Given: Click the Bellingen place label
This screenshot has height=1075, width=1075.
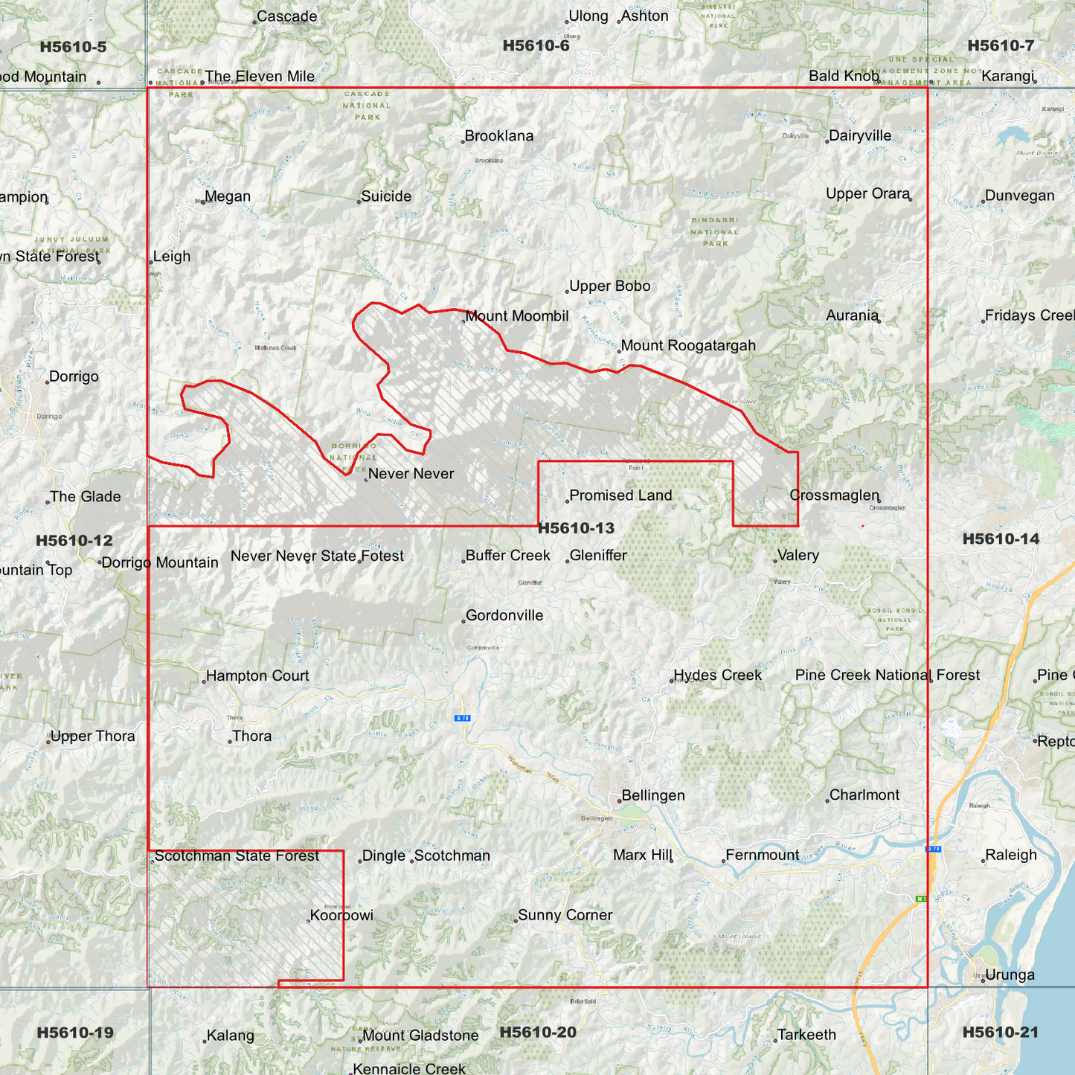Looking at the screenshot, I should point(652,795).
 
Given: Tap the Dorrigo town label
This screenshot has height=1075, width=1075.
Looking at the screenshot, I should point(74,376).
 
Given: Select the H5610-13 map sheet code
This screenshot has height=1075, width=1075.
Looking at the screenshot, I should point(576,528).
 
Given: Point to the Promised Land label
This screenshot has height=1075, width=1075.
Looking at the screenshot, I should point(620,495).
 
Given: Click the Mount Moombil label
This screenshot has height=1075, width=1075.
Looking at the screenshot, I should point(516,316).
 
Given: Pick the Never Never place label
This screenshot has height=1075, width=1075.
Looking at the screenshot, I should point(411,474).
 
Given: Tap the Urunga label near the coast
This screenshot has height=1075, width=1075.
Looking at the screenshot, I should point(1010,975).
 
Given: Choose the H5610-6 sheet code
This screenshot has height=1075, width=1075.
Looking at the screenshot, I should point(536,46).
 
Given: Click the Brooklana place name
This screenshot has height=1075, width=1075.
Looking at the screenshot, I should point(498,136).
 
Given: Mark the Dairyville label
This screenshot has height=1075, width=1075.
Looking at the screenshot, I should point(860,135).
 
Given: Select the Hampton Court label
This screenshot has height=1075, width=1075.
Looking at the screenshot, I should point(257,676).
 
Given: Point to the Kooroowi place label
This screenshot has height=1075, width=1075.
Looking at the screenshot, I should point(341,915).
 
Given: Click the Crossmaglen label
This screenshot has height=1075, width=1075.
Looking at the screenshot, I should point(835,495).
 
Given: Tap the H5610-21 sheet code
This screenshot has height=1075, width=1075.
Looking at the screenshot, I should point(1000,1032).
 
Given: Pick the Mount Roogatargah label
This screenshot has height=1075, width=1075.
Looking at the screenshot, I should point(688,345).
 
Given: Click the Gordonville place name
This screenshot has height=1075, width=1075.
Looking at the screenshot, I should point(504,615).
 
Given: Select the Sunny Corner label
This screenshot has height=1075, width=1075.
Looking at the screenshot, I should point(565,915).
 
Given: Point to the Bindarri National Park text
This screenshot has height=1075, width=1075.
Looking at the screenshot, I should point(715,231).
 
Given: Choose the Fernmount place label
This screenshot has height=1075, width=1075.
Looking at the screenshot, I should point(763,855).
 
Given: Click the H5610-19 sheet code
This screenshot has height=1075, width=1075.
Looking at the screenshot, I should point(75,1033).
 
